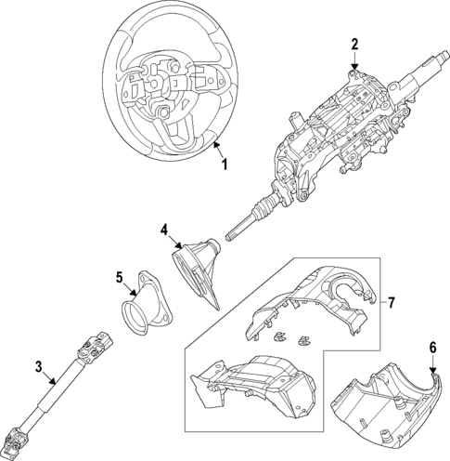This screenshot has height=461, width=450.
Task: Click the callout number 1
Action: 225,164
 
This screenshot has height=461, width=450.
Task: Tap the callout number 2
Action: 354,45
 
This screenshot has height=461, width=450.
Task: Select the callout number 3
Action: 38,367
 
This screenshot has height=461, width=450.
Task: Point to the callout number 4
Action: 164,230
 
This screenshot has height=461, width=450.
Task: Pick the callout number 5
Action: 120,277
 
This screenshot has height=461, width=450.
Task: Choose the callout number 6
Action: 433,348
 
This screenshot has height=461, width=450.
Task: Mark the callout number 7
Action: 392,302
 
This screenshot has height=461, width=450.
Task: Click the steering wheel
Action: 170,84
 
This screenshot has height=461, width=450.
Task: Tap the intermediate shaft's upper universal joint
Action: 95,348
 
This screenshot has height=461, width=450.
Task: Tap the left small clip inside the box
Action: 279,336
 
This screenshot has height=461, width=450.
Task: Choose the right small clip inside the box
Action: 303,341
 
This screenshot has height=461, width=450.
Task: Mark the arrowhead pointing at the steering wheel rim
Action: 217,145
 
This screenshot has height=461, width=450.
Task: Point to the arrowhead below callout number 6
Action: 433,370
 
